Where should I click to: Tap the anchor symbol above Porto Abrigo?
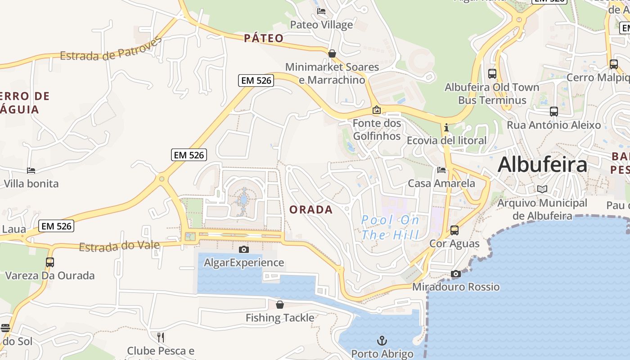[382, 341]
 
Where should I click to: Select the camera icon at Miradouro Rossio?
[456, 274]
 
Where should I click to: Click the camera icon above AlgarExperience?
[243, 249]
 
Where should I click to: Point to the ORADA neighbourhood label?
[311, 210]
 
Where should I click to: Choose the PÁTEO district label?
[264, 38]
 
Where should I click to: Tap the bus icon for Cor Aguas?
[454, 230]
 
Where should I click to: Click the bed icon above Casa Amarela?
[441, 170]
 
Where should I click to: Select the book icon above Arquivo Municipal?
[542, 189]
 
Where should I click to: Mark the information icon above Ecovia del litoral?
[446, 127]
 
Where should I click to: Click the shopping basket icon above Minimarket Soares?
[332, 54]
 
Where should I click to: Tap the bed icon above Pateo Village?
[321, 11]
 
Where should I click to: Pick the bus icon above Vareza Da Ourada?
[50, 262]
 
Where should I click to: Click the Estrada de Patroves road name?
[111, 49]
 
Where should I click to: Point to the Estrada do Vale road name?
[119, 246]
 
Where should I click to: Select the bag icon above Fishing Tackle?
[280, 305]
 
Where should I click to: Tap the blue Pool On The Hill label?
[391, 227]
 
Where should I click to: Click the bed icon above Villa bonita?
[31, 171]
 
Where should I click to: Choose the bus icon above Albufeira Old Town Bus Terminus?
[492, 73]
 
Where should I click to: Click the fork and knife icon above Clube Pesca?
[161, 337]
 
